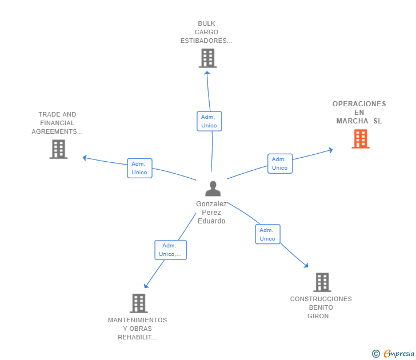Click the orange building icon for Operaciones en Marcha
pyautogui.click(x=360, y=139)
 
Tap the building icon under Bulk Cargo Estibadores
pyautogui.click(x=207, y=58)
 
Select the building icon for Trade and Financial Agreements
pyautogui.click(x=58, y=149)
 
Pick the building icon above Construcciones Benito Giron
pyautogui.click(x=322, y=282)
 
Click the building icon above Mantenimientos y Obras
pyautogui.click(x=138, y=303)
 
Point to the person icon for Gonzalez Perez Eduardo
pyautogui.click(x=213, y=189)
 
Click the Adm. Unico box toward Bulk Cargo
pyautogui.click(x=209, y=121)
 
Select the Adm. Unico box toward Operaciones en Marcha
pyautogui.click(x=280, y=163)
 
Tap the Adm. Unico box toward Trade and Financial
pyautogui.click(x=139, y=168)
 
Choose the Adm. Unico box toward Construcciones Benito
pyautogui.click(x=267, y=234)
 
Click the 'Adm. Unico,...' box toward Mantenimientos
pyautogui.click(x=170, y=250)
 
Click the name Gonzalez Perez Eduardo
pyautogui.click(x=211, y=213)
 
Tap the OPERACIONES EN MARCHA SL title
pyautogui.click(x=359, y=113)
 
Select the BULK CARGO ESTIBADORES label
pyautogui.click(x=206, y=32)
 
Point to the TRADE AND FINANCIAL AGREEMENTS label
pyautogui.click(x=57, y=123)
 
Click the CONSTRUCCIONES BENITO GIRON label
pyautogui.click(x=321, y=307)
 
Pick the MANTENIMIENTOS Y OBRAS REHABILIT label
pyautogui.click(x=137, y=329)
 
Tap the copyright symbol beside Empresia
pyautogui.click(x=376, y=354)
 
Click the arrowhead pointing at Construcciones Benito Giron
pyautogui.click(x=306, y=265)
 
